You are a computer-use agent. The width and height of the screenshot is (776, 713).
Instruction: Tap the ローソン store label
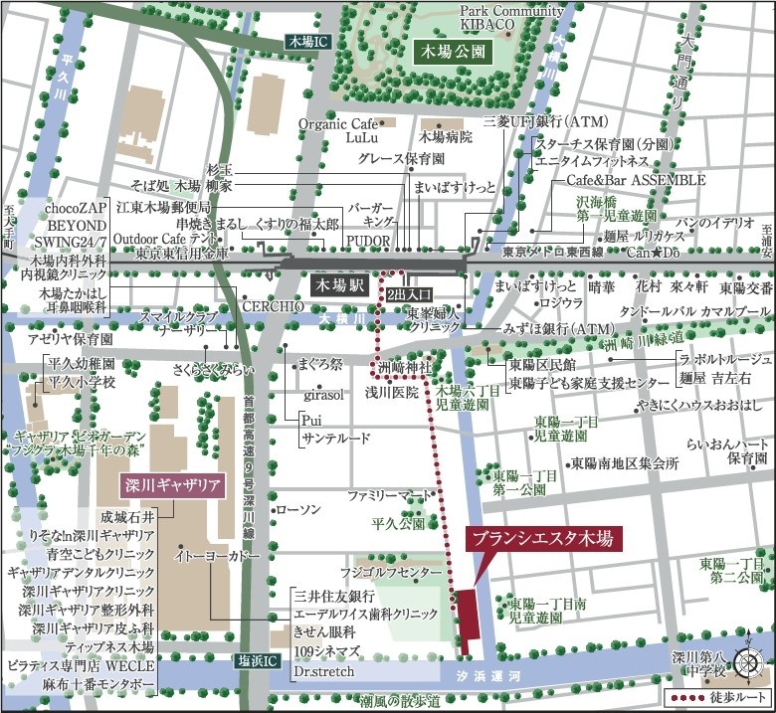click(x=297, y=509)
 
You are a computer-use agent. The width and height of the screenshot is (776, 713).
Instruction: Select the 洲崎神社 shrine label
click(x=405, y=368)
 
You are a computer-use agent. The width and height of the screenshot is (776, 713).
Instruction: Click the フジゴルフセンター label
click(x=390, y=574)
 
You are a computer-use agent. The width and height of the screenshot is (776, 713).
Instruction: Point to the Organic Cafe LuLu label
click(x=340, y=131)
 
